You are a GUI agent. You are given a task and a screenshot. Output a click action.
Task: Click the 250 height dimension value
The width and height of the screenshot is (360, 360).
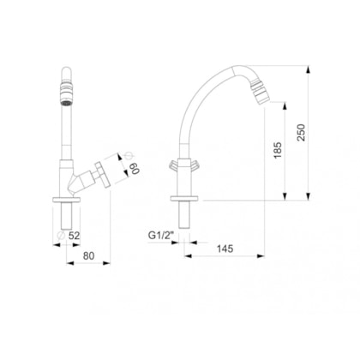click(301, 132)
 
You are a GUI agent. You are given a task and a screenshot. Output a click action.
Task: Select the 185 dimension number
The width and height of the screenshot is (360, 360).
click(278, 150)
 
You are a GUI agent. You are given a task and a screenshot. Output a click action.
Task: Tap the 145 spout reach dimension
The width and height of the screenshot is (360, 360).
click(225, 249)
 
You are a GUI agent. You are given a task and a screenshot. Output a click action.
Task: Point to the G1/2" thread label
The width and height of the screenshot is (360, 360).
click(161, 236)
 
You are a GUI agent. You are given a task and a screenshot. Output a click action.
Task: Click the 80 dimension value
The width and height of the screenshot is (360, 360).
click(88, 255)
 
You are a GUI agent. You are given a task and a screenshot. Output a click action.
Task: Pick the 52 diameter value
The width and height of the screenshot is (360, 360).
click(74, 236)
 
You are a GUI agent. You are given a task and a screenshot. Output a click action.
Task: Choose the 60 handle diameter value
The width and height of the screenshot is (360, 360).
click(135, 169)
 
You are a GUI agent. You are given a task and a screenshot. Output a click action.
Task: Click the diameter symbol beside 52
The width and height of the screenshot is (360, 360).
click(61, 236)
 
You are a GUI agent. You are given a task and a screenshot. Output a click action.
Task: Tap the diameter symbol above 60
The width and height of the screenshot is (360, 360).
click(129, 156)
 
